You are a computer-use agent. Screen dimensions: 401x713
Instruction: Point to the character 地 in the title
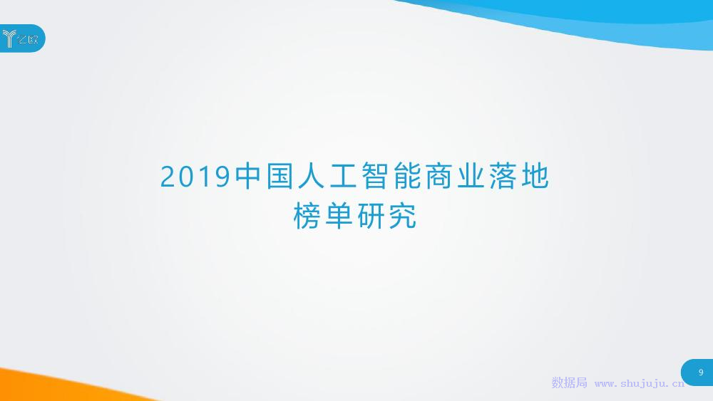pos(533,177)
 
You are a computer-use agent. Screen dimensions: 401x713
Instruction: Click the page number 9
pos(701,373)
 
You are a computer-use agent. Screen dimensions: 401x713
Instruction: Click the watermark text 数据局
pos(569,383)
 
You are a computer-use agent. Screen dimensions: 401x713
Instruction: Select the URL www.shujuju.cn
pos(639,383)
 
